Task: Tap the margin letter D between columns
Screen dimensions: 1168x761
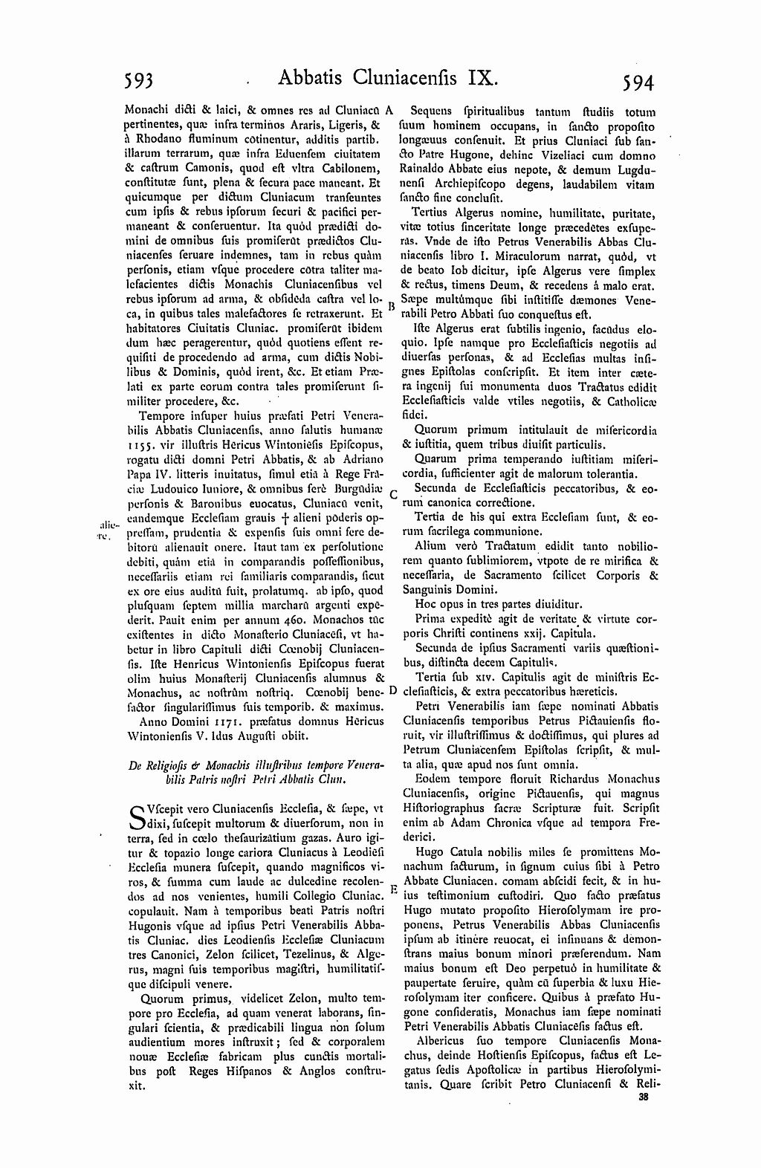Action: (x=393, y=690)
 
